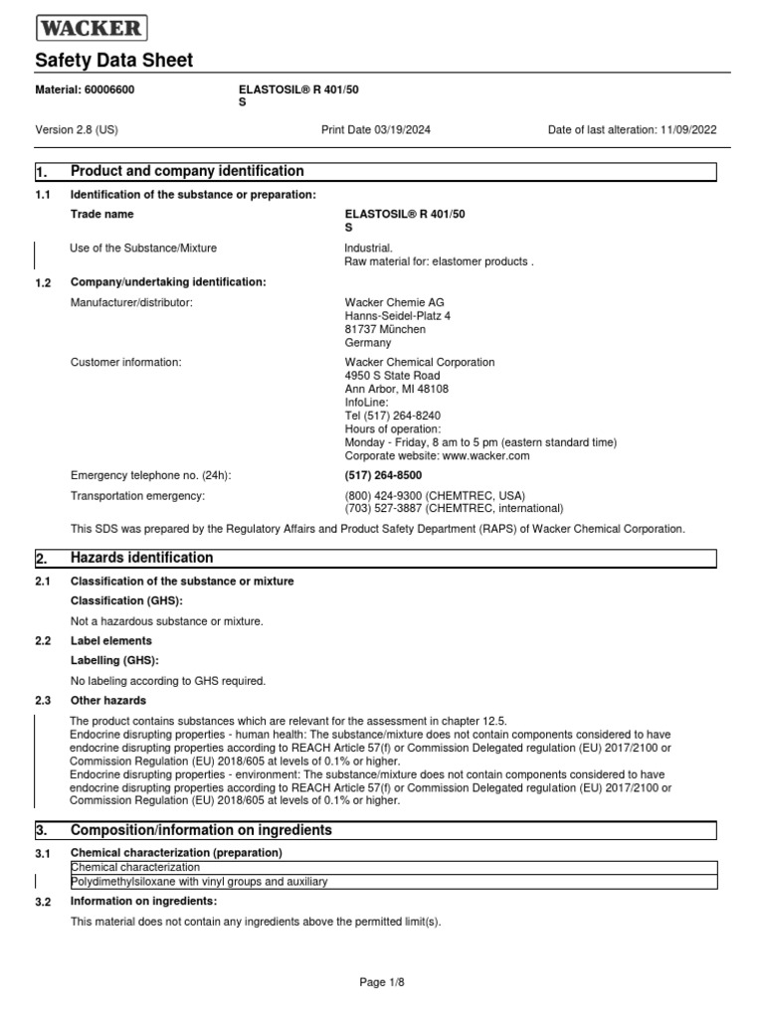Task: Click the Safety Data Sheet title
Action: [113, 61]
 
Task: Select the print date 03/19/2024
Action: [398, 130]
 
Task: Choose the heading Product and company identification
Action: [187, 171]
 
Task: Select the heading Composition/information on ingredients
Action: [201, 830]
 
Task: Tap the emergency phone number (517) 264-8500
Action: [376, 475]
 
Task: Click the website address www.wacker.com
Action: [486, 455]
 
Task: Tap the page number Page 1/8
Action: [382, 982]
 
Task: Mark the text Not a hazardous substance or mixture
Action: [166, 621]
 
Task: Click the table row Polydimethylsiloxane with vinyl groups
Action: [199, 882]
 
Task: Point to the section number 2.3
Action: [42, 701]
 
